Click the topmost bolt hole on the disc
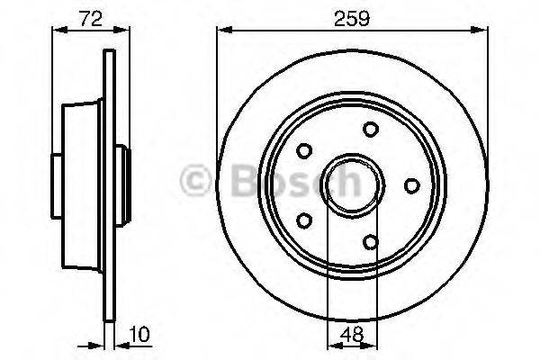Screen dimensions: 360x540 370,130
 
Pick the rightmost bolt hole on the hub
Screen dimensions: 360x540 411,184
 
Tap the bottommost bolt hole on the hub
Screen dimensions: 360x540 371,240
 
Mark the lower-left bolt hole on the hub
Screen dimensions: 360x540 305,220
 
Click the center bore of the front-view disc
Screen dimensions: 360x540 351,184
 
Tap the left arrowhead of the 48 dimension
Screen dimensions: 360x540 328,343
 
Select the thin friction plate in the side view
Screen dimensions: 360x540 110,184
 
